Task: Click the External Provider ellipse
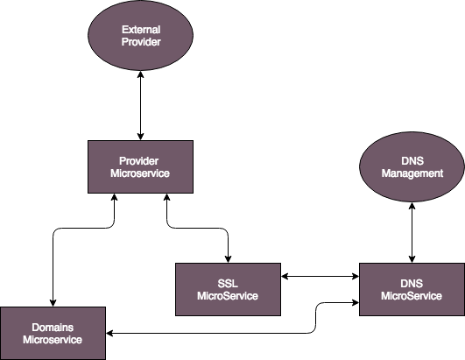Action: pyautogui.click(x=141, y=35)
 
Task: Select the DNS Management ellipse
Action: pyautogui.click(x=412, y=167)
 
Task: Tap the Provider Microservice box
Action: pyautogui.click(x=141, y=167)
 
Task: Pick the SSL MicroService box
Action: pyautogui.click(x=228, y=289)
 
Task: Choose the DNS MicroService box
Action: pyautogui.click(x=412, y=289)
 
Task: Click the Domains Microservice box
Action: pyautogui.click(x=53, y=334)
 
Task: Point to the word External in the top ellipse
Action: pyautogui.click(x=141, y=30)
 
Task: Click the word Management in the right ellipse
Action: pyautogui.click(x=412, y=173)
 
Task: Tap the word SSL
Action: pyautogui.click(x=228, y=284)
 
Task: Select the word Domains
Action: pyautogui.click(x=53, y=328)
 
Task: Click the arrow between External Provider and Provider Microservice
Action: pyautogui.click(x=141, y=106)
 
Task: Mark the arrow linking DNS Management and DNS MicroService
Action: pyautogui.click(x=412, y=232)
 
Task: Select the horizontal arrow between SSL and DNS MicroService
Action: pyautogui.click(x=320, y=277)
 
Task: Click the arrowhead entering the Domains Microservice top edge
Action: pyautogui.click(x=53, y=303)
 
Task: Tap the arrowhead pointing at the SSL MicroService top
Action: pyautogui.click(x=228, y=259)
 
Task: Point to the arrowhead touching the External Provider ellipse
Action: pyautogui.click(x=141, y=74)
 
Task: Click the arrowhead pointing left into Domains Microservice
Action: pyautogui.click(x=109, y=334)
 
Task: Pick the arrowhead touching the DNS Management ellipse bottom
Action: pyautogui.click(x=412, y=206)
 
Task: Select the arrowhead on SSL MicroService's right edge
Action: pyautogui.click(x=285, y=277)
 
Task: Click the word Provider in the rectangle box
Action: pyautogui.click(x=138, y=161)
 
